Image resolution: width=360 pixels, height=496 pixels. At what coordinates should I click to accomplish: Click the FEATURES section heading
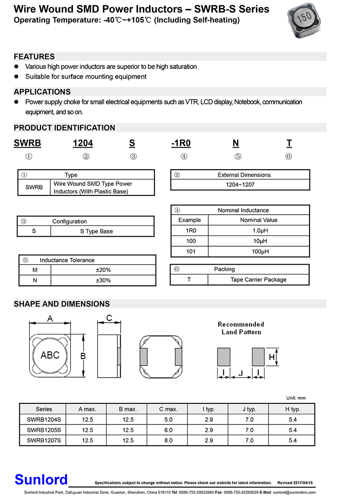pos(34,57)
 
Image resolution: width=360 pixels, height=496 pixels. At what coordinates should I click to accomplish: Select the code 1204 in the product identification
pos(83,143)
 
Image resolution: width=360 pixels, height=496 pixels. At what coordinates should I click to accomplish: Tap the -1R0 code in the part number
pos(181,143)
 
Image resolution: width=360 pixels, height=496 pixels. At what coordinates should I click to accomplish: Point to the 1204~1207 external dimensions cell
pos(240,185)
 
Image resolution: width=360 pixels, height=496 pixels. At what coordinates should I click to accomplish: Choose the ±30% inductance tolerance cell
pos(103,280)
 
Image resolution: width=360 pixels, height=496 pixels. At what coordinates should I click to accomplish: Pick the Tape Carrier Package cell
pos(258,280)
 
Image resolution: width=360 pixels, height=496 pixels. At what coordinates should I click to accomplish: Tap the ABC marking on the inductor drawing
pos(50,355)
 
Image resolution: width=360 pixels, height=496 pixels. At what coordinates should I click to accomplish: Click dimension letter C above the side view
pos(109,319)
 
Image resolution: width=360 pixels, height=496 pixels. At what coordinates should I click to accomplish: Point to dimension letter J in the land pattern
pos(241,373)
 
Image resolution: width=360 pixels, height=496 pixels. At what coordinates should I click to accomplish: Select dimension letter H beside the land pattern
pos(271,357)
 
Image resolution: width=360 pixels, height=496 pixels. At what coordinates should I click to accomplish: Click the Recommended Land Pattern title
pos(241,328)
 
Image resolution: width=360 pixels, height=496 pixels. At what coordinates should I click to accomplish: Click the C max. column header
pos(168,409)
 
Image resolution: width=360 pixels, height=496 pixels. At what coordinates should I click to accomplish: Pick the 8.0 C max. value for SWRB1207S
pos(168,440)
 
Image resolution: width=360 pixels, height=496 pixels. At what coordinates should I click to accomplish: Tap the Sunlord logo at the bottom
pos(41,479)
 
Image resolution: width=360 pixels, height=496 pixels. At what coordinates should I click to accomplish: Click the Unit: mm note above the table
pos(296,398)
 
